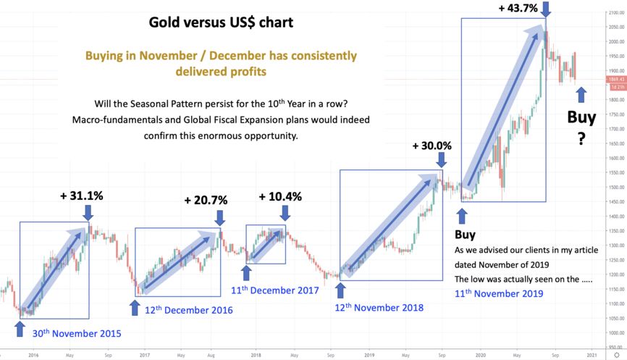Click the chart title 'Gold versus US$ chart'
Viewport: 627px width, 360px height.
point(221,22)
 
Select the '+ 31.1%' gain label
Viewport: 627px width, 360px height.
point(81,195)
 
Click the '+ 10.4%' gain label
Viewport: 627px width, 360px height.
point(280,196)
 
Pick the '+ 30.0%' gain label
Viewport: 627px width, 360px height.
point(432,145)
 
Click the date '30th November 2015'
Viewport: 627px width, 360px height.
point(77,334)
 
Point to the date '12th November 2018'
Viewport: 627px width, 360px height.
point(379,307)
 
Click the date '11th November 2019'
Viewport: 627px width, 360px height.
point(498,293)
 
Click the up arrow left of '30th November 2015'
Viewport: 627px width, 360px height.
point(20,331)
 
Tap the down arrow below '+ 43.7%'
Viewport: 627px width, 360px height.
point(547,10)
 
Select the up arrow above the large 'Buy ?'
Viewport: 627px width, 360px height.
point(581,93)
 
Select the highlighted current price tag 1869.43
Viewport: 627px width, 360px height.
point(617,79)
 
